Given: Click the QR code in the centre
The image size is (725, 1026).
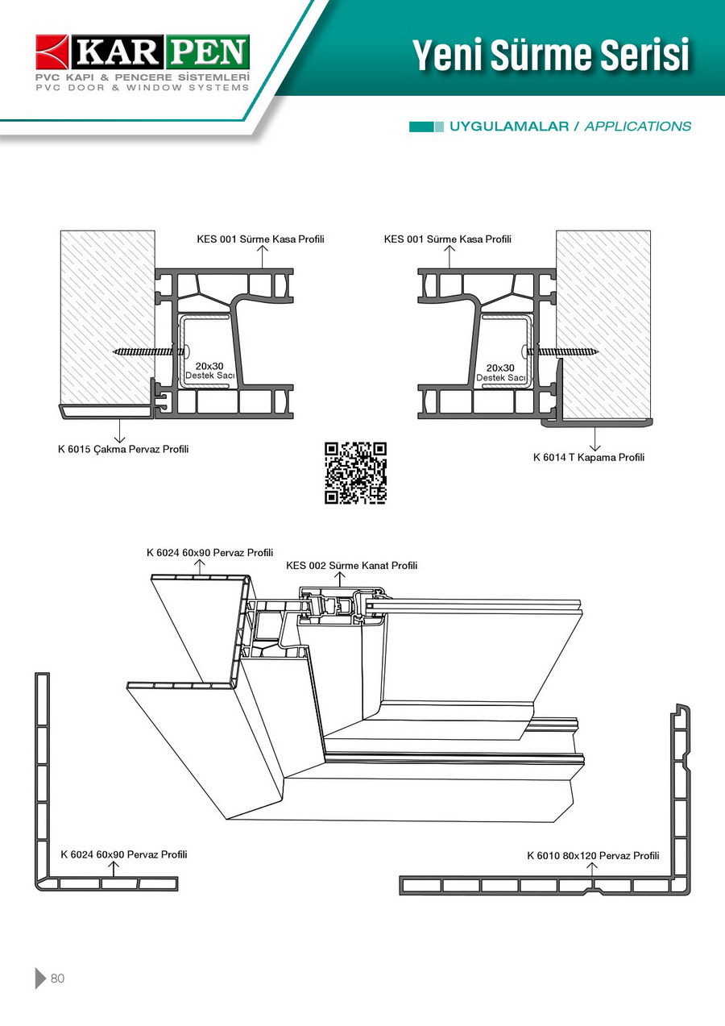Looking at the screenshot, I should coord(355,473).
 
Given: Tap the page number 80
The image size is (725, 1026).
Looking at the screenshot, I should coord(57,978).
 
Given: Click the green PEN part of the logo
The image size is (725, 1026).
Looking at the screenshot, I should coord(208,53).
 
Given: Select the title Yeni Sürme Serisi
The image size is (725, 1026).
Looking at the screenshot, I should coord(551,55).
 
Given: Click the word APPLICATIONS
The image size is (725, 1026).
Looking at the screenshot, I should coord(637,127).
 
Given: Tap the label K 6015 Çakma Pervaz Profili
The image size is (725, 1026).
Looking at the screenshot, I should coord(123,449).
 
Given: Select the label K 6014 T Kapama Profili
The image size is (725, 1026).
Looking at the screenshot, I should coord(589,458).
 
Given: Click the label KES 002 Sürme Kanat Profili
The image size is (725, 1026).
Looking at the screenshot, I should coord(352,566).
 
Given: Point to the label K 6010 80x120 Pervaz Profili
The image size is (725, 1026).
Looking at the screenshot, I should coord(593,855).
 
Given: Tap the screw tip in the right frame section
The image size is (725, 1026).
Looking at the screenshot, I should coord(598,351).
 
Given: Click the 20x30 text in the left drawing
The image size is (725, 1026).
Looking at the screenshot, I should coord(209,366).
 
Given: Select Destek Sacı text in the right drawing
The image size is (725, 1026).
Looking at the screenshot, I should coord(501,377).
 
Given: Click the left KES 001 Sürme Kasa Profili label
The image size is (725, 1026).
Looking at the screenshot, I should coord(260,239).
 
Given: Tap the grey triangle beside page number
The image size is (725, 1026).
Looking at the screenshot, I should coord(40,978).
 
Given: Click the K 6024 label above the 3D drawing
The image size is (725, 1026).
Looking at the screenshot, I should coord(209,553).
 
